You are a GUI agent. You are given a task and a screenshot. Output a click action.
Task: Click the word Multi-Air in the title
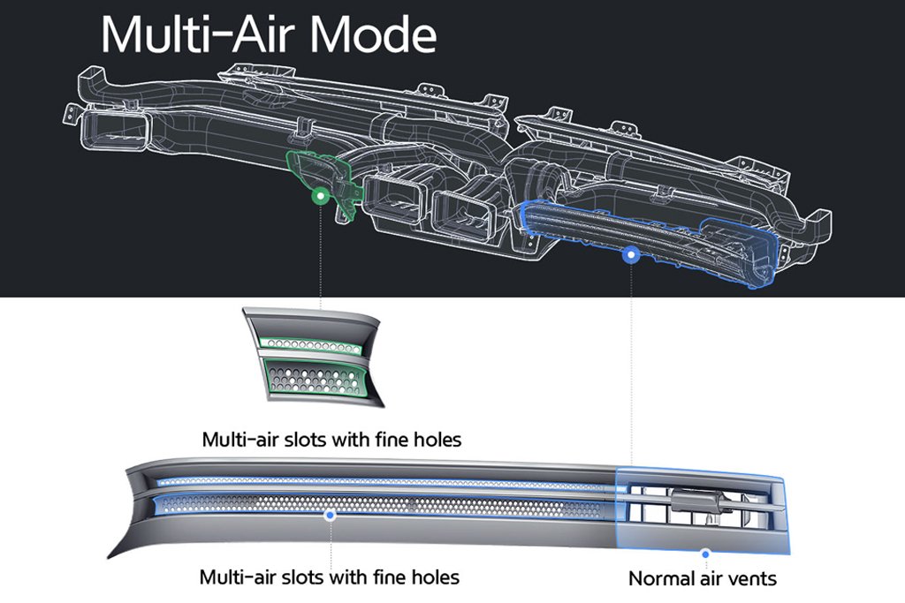(x=201, y=34)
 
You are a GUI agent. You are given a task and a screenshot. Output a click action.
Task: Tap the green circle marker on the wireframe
(x=320, y=197)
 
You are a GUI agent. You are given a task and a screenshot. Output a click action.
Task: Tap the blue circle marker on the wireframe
(x=631, y=253)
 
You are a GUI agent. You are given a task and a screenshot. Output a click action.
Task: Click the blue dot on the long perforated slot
(x=330, y=515)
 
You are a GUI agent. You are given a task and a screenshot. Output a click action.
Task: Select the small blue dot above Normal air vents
(x=705, y=554)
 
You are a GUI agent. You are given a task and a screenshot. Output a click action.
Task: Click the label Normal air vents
(x=703, y=578)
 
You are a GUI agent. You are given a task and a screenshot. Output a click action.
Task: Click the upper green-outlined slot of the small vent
(x=311, y=345)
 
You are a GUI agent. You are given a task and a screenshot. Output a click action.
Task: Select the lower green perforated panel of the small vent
(x=314, y=379)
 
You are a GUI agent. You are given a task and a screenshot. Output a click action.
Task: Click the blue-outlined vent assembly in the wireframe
(x=646, y=242)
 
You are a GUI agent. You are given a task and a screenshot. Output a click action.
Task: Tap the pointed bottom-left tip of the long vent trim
(x=109, y=557)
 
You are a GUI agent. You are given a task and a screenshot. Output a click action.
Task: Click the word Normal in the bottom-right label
(x=658, y=578)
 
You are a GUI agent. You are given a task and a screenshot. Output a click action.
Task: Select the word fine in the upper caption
(x=390, y=440)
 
